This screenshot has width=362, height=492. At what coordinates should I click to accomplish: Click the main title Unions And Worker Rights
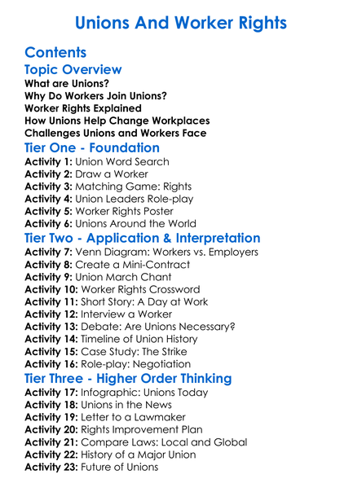tap(180, 23)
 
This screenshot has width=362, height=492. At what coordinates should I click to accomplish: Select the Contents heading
tap(56, 53)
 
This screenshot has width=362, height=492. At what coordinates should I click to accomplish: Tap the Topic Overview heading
tap(73, 69)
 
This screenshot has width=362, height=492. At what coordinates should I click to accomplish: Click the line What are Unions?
tap(67, 83)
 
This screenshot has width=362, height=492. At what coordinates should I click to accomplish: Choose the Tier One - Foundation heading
tap(92, 148)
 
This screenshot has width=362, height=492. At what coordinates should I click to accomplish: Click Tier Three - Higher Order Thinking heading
tap(128, 379)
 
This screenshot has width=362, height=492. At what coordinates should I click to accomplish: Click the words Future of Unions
tap(119, 468)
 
